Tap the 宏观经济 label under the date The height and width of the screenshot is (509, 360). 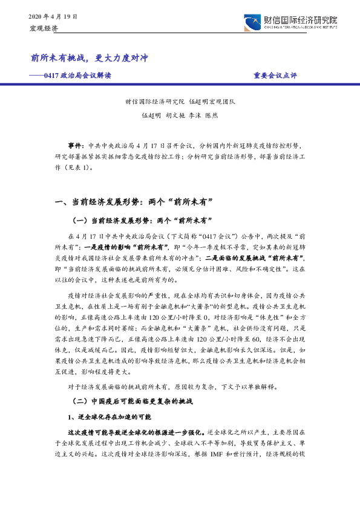tap(42, 28)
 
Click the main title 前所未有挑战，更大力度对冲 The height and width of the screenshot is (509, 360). tap(89, 58)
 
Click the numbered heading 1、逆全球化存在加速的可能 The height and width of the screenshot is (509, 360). tap(109, 418)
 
